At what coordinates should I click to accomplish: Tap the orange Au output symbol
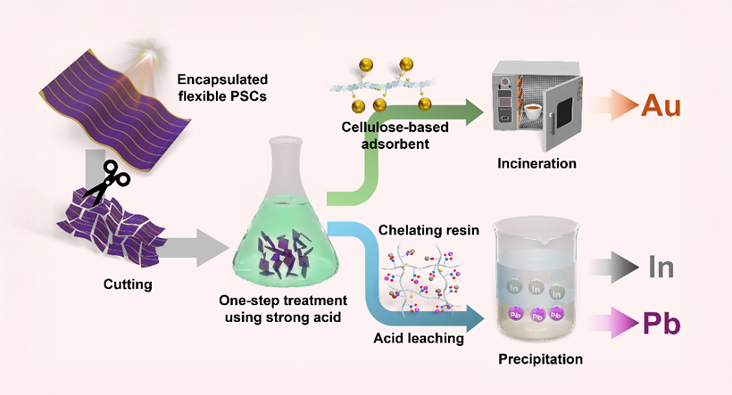pos(661,106)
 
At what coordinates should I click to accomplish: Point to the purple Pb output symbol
pos(661,323)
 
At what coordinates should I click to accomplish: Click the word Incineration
pos(537,163)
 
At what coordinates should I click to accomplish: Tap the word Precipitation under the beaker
pos(541,359)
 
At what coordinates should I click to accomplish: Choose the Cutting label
pos(128,284)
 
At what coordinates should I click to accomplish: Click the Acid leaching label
pos(419,338)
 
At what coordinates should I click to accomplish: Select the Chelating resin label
pos(428,230)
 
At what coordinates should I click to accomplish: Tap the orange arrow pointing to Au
pos(615,105)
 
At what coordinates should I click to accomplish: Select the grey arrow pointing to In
pos(614,267)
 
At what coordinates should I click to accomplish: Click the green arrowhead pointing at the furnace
pos(475,112)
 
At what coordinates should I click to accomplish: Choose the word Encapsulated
pos(222,79)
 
